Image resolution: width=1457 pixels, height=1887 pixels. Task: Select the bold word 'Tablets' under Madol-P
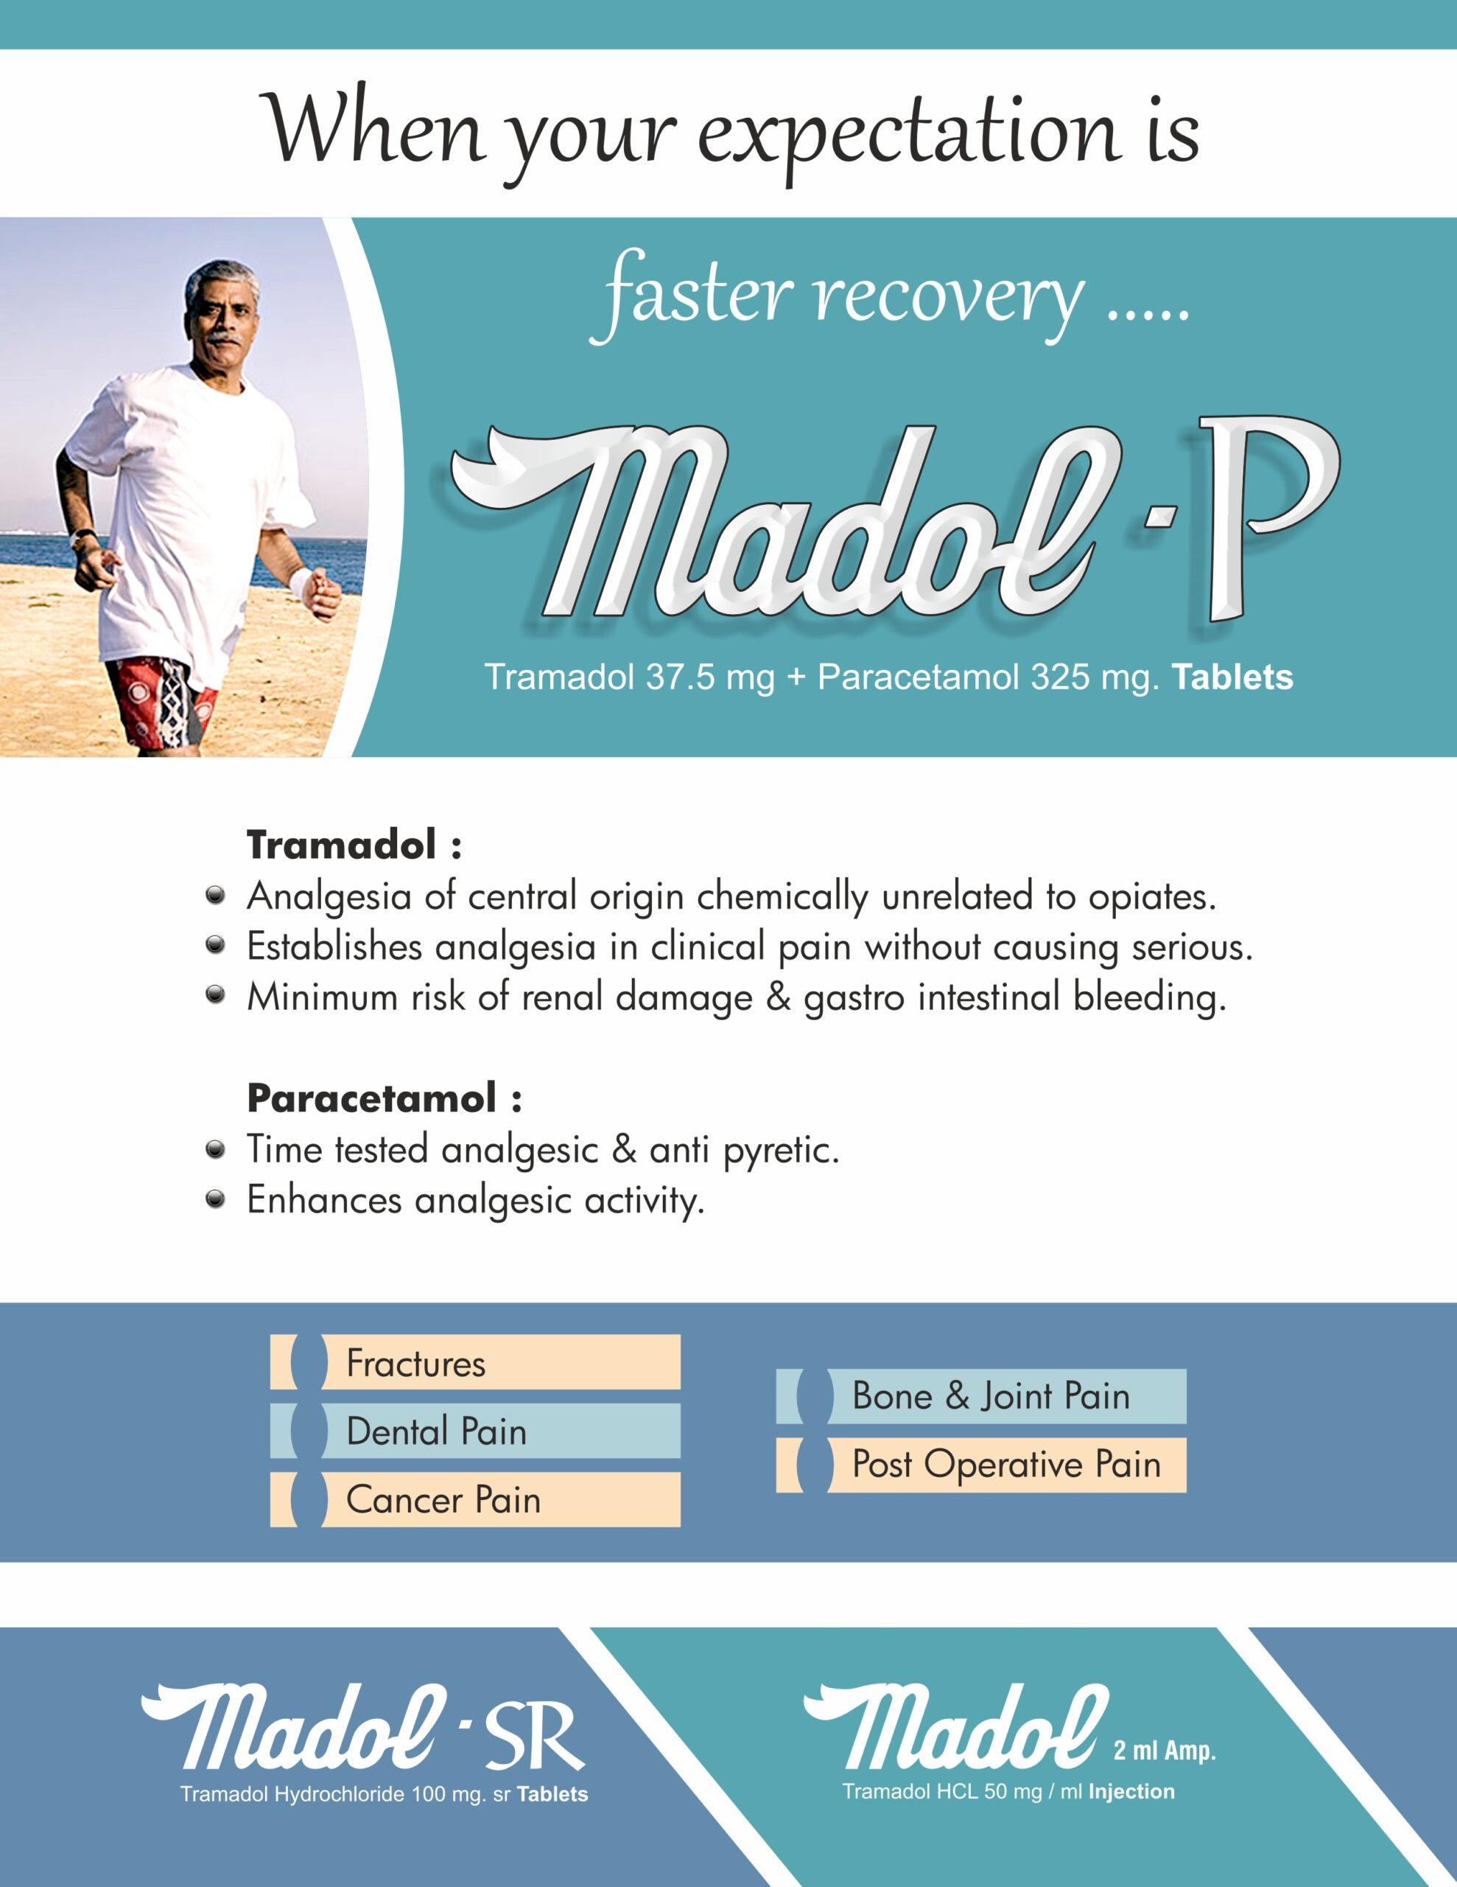point(1232,677)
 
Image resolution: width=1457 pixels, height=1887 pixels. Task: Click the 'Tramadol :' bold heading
point(354,845)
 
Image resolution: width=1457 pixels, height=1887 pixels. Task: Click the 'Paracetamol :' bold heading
point(385,1099)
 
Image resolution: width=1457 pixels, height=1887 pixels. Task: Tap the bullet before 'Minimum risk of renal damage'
point(215,995)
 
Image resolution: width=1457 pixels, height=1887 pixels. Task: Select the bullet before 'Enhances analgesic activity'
point(215,1199)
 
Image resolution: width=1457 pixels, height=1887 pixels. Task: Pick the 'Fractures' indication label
point(415,1364)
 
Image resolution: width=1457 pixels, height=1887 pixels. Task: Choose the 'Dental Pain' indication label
point(436,1431)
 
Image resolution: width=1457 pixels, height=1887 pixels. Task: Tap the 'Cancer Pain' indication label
point(443,1500)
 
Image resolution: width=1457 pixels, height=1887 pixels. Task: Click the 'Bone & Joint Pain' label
point(991,1396)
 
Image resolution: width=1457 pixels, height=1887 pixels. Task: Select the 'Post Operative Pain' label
point(1006,1465)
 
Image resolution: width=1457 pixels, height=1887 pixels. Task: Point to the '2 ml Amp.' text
point(1165,1750)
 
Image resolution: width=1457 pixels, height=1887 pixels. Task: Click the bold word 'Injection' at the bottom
point(1131,1792)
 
